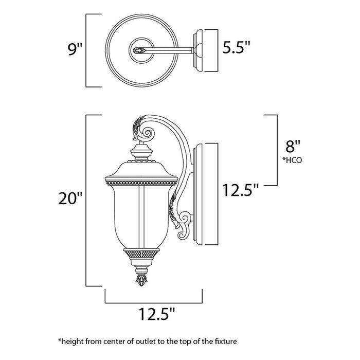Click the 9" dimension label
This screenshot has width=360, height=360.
[x=75, y=50]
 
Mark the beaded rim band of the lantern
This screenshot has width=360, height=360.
[x=141, y=181]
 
